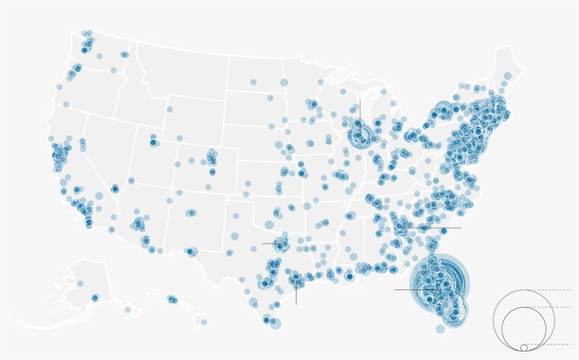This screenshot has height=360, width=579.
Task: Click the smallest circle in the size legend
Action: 524,347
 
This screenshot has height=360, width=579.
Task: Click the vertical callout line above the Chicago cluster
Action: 359,110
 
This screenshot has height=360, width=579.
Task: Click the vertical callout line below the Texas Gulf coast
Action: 296,295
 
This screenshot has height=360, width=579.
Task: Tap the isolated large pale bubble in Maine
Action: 507,76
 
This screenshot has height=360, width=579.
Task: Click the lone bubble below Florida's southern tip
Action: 441,329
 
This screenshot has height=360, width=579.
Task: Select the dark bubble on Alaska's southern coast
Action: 95,297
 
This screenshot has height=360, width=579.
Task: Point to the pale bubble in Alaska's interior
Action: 80,283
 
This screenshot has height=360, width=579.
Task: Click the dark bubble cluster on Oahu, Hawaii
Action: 172,299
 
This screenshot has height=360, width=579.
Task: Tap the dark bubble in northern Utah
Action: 153,142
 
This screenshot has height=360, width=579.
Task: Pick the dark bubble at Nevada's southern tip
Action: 115,188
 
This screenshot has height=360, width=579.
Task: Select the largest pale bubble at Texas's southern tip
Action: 275,323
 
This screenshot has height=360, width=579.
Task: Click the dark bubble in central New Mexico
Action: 191,212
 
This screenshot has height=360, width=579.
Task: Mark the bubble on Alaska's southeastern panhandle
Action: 128,309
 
